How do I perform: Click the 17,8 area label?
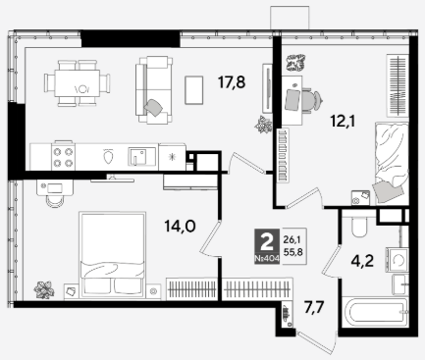(232, 82)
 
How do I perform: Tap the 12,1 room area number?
(343, 122)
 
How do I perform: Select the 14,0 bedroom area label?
(180, 226)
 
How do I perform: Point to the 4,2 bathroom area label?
(362, 261)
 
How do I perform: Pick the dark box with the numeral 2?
(267, 245)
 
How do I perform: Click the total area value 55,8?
(292, 252)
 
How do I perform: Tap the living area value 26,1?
(292, 240)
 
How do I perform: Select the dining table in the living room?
(78, 83)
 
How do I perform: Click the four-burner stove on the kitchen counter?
(63, 157)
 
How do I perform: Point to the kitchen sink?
(142, 156)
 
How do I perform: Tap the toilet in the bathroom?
(359, 225)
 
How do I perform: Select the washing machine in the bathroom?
(397, 260)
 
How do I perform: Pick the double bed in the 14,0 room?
(112, 254)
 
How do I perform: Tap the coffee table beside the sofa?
(194, 90)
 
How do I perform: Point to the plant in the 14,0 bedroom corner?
(44, 289)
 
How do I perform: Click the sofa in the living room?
(154, 90)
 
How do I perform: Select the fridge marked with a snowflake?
(172, 157)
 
